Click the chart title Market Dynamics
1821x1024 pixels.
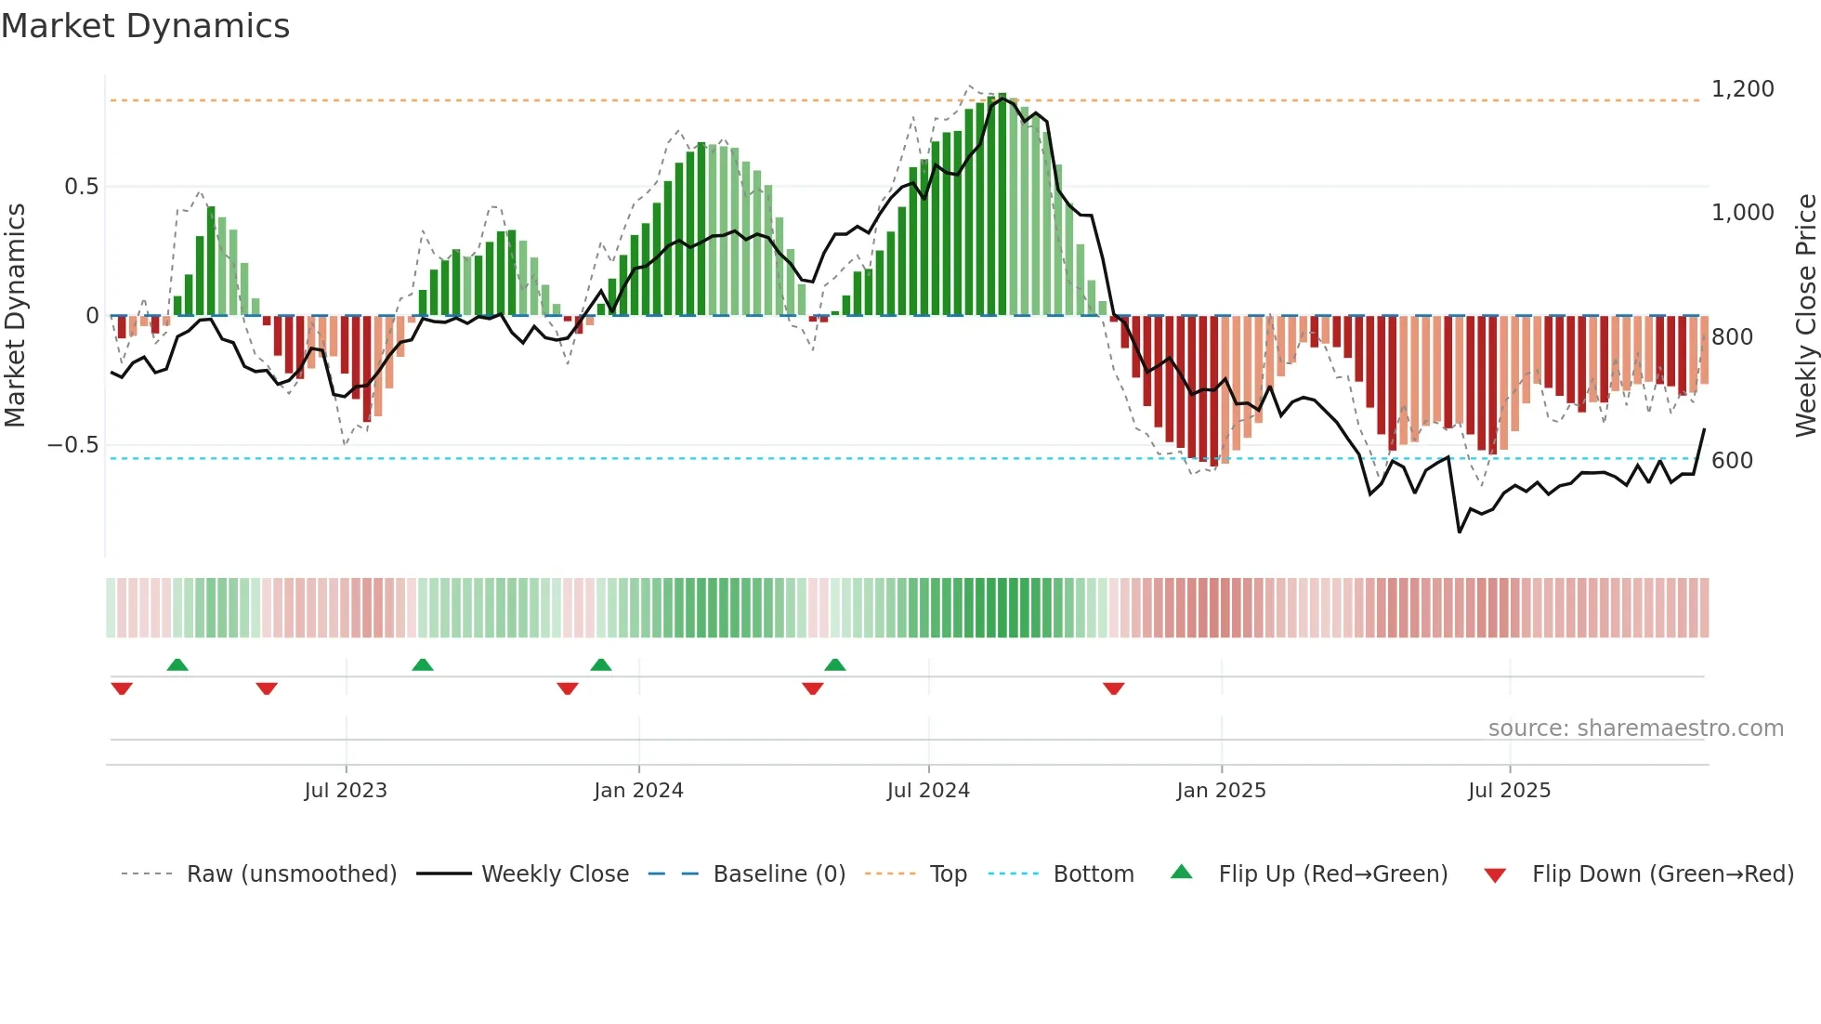[145, 26]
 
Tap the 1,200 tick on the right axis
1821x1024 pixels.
[1742, 89]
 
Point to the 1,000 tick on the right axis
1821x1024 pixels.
[1742, 213]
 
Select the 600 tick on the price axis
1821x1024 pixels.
[1732, 461]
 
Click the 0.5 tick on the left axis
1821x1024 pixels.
[81, 187]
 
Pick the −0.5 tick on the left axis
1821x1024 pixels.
[73, 445]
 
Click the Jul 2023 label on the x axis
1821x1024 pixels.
[346, 791]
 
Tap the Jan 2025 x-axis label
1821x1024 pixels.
[1221, 791]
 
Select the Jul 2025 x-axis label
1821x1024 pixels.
[1509, 791]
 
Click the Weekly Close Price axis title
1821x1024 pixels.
[1805, 315]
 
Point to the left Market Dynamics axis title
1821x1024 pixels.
[15, 315]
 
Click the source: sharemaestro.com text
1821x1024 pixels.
[1635, 729]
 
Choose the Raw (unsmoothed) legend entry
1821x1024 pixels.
[291, 874]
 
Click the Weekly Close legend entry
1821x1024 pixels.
[555, 874]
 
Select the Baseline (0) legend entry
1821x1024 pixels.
[779, 874]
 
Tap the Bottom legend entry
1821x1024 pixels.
[1093, 874]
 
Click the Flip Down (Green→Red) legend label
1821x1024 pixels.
[1662, 874]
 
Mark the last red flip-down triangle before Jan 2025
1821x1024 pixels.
[1114, 689]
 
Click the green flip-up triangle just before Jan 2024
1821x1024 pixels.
[601, 664]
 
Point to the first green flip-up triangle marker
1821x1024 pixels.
[177, 664]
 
